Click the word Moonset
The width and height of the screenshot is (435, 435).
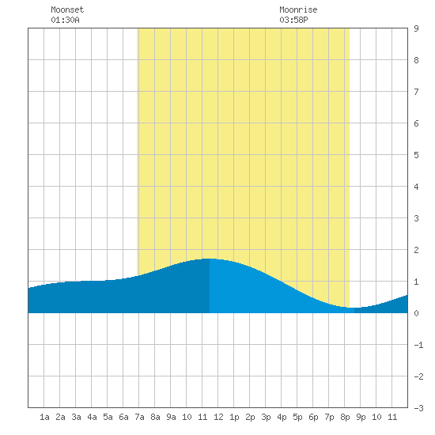point(67,9)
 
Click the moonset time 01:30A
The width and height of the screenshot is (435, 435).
point(65,20)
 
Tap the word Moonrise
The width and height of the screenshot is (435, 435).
point(298,9)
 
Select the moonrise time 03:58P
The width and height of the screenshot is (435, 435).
point(293,20)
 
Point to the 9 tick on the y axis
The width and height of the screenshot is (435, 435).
point(416,28)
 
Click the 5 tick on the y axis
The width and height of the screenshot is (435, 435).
point(416,155)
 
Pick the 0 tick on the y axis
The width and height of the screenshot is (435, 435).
point(416,313)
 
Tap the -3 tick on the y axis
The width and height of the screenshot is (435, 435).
point(418,408)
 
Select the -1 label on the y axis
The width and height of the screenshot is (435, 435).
point(418,345)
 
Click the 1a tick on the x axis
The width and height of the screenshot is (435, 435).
point(44,417)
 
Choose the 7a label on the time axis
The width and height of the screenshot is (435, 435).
point(139,417)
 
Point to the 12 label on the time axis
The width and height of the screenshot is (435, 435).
point(218,417)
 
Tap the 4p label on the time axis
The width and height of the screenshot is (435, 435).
point(282,417)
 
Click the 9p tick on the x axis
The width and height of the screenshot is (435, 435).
point(361,417)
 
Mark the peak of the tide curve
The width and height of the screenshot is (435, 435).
point(210,259)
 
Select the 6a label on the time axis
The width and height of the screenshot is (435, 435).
point(123,417)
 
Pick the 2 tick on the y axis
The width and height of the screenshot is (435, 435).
point(416,250)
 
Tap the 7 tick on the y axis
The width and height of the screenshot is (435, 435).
point(416,92)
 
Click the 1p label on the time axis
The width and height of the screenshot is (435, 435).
point(234,417)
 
